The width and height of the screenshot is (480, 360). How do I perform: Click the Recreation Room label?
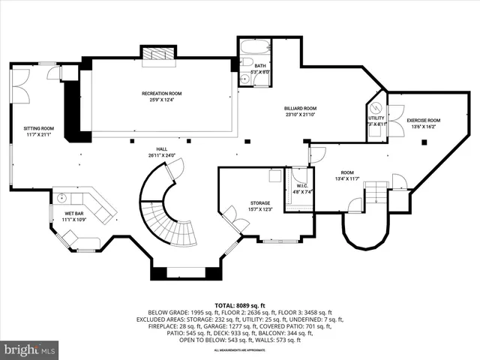pyautogui.click(x=161, y=93)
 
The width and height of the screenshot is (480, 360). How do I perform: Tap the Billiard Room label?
pyautogui.click(x=300, y=108)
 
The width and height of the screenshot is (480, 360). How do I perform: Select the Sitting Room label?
pyautogui.click(x=38, y=128)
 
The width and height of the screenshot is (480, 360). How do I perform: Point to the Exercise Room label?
pyautogui.click(x=423, y=121)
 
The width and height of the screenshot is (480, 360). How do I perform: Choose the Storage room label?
pyautogui.click(x=259, y=203)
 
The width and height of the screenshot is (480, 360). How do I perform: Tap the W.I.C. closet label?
pyautogui.click(x=302, y=186)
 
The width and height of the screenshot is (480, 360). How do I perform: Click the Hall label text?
pyautogui.click(x=161, y=148)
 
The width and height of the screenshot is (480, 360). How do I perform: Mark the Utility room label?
pyautogui.click(x=376, y=118)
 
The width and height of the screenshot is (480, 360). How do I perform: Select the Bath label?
pyautogui.click(x=259, y=66)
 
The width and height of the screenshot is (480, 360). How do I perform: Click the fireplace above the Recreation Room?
pyautogui.click(x=157, y=55)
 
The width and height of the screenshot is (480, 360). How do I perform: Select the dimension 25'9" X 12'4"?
pyautogui.click(x=161, y=100)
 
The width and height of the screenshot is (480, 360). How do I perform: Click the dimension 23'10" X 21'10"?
pyautogui.click(x=300, y=115)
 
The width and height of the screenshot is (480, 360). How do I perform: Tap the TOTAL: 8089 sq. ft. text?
pyautogui.click(x=240, y=306)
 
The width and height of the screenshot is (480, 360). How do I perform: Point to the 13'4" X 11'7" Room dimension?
pyautogui.click(x=346, y=179)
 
